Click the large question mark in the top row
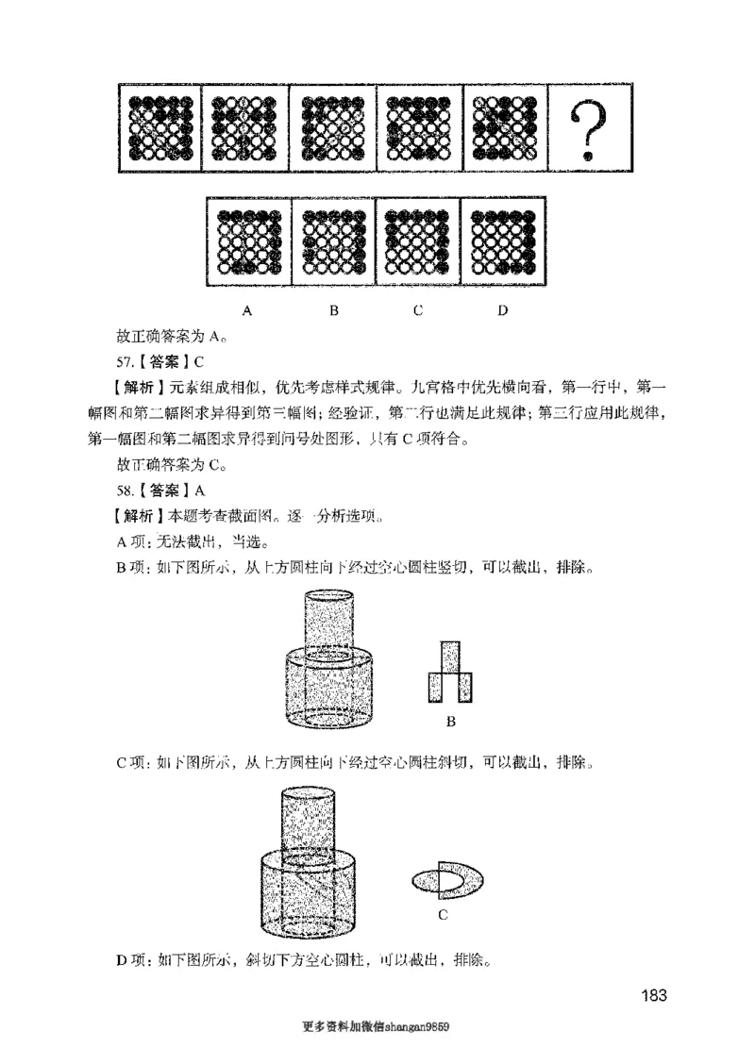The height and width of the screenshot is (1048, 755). point(589,130)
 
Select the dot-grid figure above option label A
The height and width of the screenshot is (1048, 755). point(247,241)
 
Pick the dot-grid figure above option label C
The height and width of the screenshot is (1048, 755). point(417,241)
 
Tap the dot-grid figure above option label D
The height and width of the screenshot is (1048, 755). point(502,241)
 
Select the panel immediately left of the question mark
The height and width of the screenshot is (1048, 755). point(504,130)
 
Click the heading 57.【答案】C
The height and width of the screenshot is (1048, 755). point(160,360)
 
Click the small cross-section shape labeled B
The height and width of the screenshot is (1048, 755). point(450,673)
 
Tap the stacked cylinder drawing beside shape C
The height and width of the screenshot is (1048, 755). point(312,864)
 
